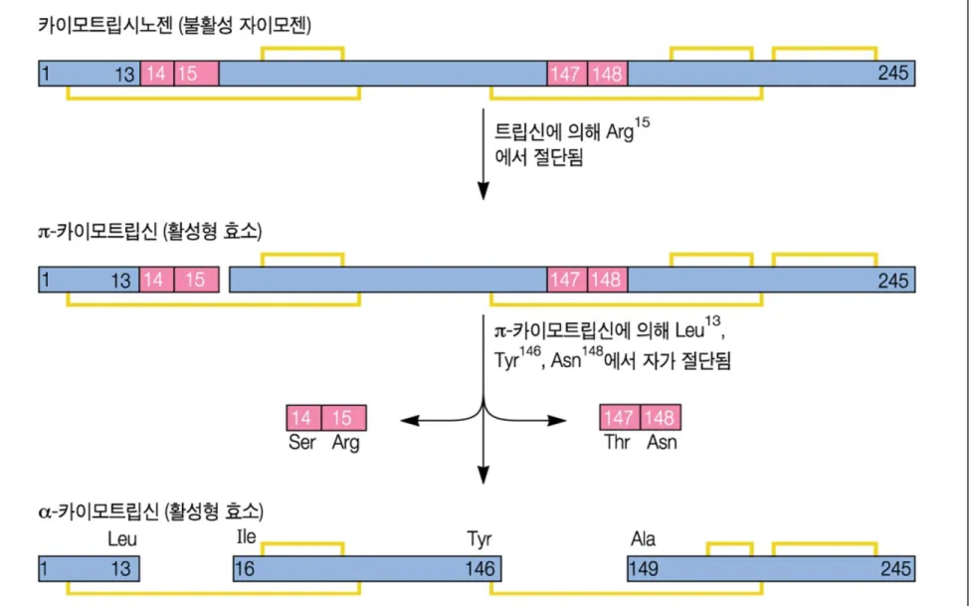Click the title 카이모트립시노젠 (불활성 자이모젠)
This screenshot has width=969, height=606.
tap(175, 25)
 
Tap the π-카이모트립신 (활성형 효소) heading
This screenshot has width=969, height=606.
tap(150, 231)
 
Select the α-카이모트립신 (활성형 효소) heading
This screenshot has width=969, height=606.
tap(151, 511)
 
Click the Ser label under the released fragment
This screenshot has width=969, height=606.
tap(302, 442)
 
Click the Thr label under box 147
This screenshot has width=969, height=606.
tap(617, 442)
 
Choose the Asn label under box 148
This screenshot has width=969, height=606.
tap(662, 442)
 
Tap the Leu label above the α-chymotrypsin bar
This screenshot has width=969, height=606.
tap(122, 538)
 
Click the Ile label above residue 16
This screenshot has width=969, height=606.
tap(246, 536)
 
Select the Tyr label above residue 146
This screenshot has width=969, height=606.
tap(480, 539)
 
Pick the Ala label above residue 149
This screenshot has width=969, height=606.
tap(643, 538)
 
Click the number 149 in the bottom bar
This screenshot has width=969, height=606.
tap(644, 568)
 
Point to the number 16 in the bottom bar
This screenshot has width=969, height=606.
tap(245, 568)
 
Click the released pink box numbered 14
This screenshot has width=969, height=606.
tap(303, 418)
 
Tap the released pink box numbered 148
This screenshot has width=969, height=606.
tap(661, 418)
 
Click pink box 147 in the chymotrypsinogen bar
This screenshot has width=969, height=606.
tap(567, 74)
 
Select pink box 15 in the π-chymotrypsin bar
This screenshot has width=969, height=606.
tap(197, 280)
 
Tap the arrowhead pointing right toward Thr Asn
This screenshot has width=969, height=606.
tap(557, 421)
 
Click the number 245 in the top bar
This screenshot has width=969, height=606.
tap(893, 73)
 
